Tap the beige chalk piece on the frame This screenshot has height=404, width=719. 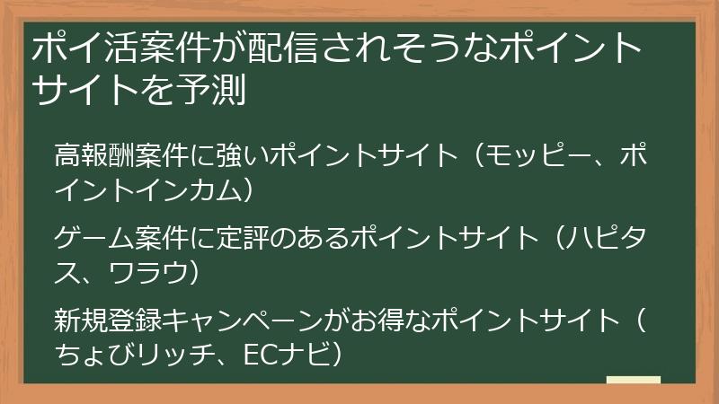(x=633, y=380)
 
